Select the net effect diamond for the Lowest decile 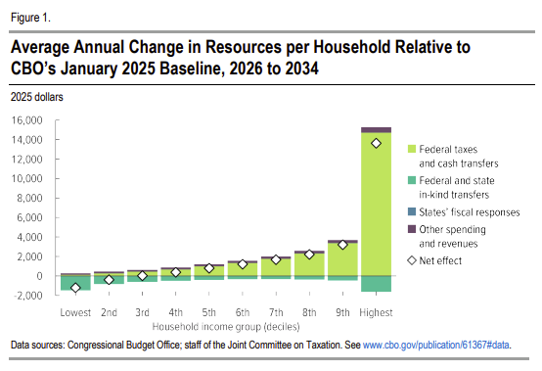pyautogui.click(x=75, y=288)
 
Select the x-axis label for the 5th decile pyautogui.click(x=208, y=312)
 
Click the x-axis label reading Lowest pyautogui.click(x=75, y=312)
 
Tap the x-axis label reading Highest pyautogui.click(x=375, y=312)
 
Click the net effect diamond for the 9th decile pyautogui.click(x=341, y=245)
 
